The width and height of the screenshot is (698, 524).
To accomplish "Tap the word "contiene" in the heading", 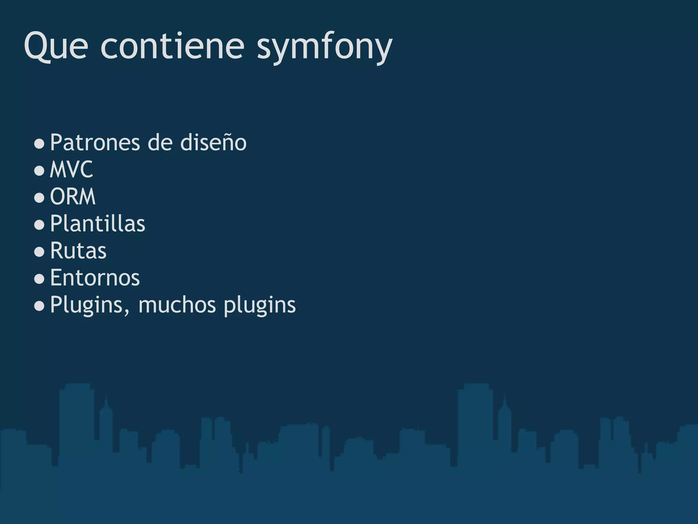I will [x=172, y=46].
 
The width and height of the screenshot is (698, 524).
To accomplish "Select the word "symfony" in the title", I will [x=324, y=48].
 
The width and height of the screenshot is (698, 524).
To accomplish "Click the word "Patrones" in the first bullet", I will [x=95, y=143].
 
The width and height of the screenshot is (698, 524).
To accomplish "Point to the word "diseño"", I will [x=213, y=143].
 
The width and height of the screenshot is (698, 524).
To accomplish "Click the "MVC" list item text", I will [x=71, y=170].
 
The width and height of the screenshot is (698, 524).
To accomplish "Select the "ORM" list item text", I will [x=73, y=197].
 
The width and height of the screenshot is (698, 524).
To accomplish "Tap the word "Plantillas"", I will [x=97, y=224].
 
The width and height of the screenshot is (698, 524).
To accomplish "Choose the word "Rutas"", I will [x=78, y=251].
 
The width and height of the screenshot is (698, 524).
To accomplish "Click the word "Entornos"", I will [x=95, y=278].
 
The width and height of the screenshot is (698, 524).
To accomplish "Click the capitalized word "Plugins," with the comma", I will [x=90, y=305].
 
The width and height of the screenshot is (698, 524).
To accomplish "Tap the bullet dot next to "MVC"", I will [x=40, y=171].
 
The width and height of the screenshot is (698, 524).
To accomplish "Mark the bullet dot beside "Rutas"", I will [x=40, y=252].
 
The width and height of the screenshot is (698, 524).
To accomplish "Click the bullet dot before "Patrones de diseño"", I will [x=40, y=144].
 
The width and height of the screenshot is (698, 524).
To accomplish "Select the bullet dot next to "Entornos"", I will [x=40, y=279].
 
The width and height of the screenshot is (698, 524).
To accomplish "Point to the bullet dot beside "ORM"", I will [x=40, y=198].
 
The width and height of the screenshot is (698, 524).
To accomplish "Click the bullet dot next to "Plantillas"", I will [x=40, y=225].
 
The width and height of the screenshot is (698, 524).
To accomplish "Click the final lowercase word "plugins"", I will [x=260, y=305].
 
